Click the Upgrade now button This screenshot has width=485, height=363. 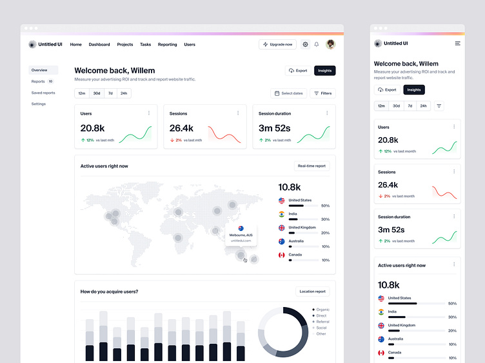[277, 44]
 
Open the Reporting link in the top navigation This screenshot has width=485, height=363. [167, 44]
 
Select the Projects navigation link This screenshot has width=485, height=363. [125, 44]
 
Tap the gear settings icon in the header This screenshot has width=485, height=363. [305, 44]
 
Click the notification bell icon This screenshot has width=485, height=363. [317, 44]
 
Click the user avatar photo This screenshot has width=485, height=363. [330, 44]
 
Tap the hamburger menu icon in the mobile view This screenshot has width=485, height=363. [457, 43]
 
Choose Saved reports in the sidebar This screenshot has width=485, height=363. [43, 93]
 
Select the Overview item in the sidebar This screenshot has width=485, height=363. [39, 70]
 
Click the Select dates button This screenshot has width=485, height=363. [288, 93]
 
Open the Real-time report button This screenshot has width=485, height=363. [312, 166]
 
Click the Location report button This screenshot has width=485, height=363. [312, 292]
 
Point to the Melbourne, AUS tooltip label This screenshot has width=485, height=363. [241, 235]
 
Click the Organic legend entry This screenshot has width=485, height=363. [322, 310]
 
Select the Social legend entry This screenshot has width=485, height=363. [321, 328]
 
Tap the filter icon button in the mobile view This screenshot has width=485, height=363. [439, 106]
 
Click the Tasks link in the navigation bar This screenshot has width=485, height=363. [145, 44]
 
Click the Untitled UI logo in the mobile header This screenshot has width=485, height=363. [391, 43]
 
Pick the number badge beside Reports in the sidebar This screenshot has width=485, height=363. [50, 82]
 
